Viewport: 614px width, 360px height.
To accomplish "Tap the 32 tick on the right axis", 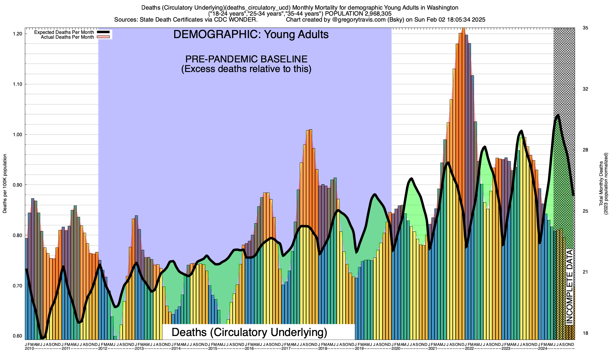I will [585, 89].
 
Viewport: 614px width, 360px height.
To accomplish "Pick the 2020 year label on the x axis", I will [396, 349].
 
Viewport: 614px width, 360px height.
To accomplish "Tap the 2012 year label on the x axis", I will [103, 349].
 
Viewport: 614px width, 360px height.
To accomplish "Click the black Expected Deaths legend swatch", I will [103, 32].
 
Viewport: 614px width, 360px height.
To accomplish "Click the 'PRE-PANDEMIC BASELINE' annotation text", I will [246, 59].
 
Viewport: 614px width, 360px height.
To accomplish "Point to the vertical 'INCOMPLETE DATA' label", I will [569, 287].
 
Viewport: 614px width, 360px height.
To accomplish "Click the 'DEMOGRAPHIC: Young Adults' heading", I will [251, 34].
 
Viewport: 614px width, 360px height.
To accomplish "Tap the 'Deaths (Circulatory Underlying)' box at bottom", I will [249, 332].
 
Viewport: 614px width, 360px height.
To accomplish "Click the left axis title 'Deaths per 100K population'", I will [5, 184].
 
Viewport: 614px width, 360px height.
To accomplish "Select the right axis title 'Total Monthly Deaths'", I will [601, 184].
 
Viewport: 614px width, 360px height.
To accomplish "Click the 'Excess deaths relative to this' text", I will [246, 69].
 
